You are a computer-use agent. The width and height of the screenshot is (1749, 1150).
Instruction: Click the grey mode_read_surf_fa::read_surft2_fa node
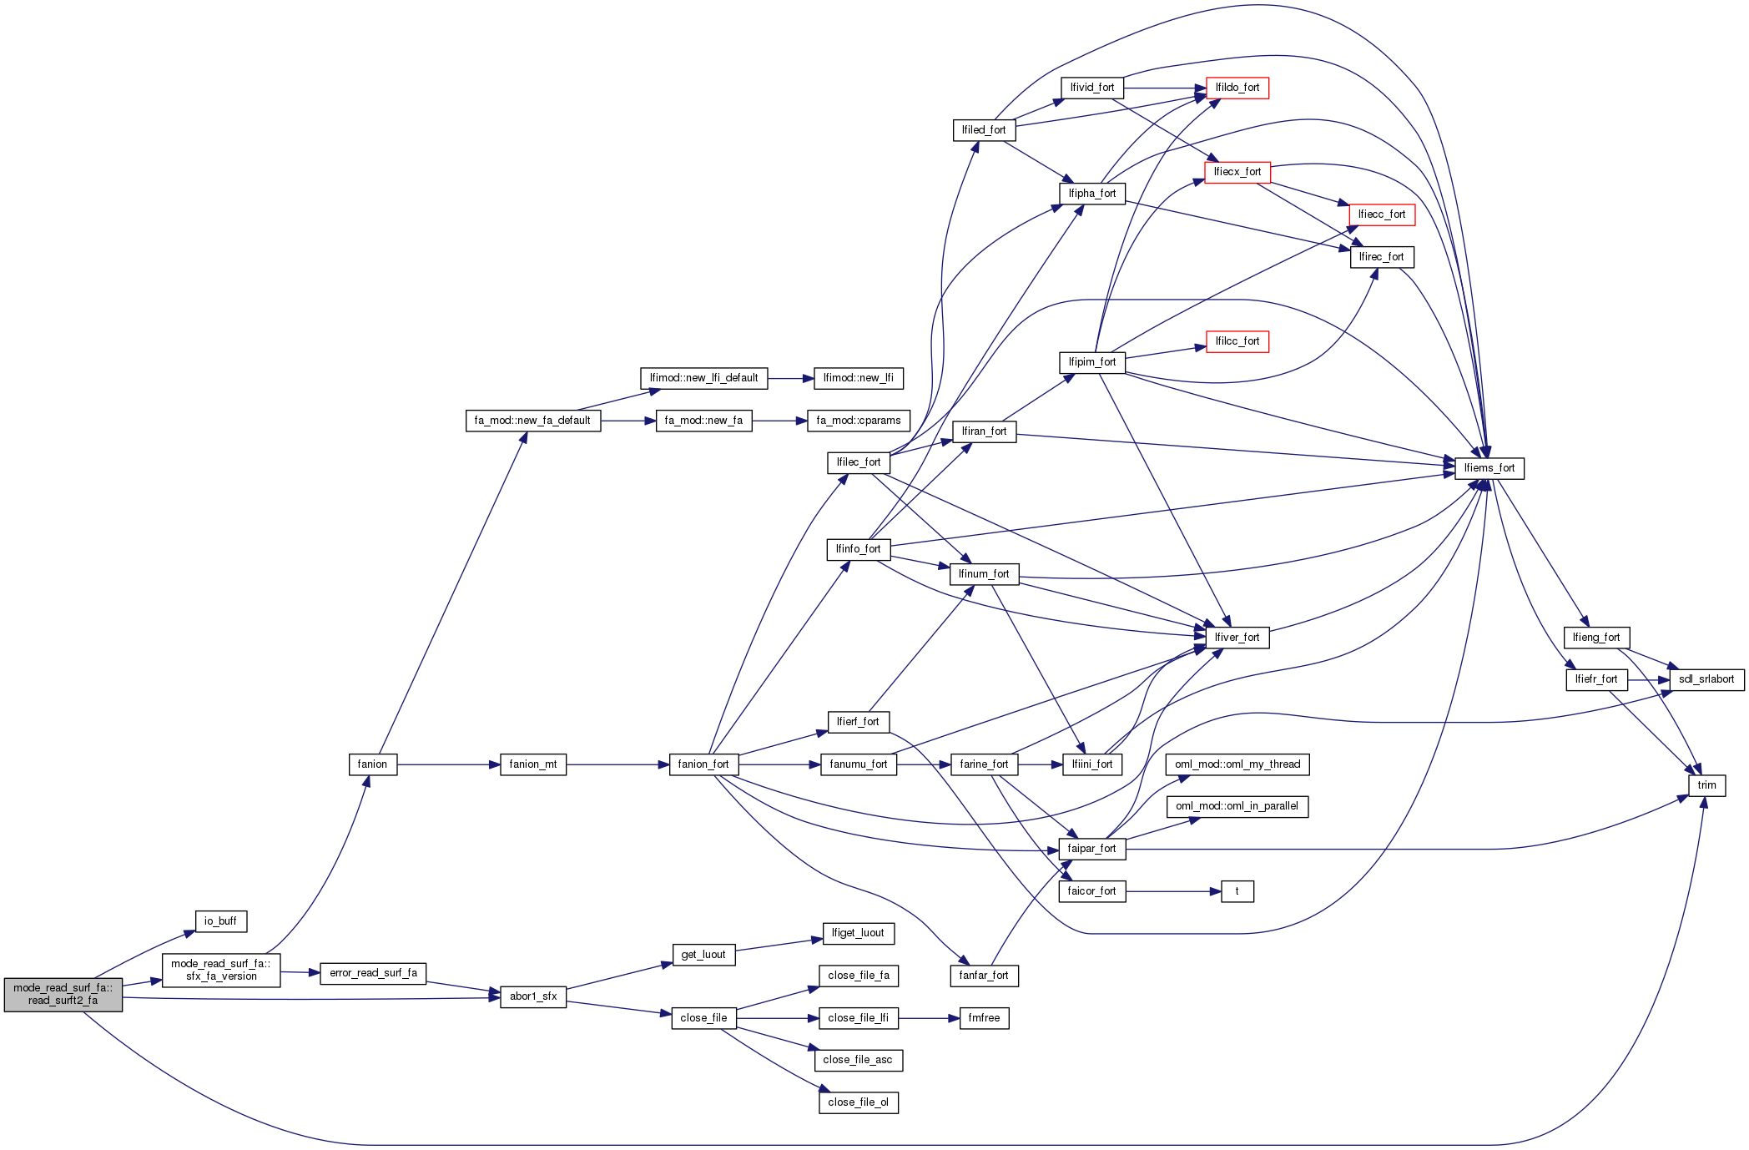(x=63, y=994)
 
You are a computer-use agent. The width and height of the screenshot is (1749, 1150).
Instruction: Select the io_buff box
(x=220, y=921)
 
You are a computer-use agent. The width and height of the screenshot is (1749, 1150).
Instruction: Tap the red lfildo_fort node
(x=1237, y=88)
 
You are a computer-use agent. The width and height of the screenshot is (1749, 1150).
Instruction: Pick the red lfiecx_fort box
(x=1237, y=172)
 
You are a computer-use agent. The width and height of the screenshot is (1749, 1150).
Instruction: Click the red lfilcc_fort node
(x=1237, y=341)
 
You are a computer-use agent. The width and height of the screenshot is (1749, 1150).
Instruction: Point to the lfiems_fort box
(x=1489, y=468)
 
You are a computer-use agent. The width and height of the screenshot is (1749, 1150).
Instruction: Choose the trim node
(x=1706, y=785)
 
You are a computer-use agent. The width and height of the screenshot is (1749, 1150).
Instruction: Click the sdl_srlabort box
(x=1706, y=679)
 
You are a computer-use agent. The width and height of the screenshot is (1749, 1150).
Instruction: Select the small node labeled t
(x=1237, y=891)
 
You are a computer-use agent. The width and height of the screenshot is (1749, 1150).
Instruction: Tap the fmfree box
(x=984, y=1018)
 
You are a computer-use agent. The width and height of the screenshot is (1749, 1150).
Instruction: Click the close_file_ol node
(x=858, y=1102)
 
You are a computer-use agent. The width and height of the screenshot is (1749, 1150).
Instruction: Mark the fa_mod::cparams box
(x=858, y=421)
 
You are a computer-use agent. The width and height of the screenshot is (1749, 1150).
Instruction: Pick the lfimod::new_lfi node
(x=858, y=378)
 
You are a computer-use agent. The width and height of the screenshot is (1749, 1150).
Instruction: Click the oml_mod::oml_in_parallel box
(x=1237, y=806)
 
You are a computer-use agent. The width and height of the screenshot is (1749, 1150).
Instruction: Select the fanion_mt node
(x=532, y=764)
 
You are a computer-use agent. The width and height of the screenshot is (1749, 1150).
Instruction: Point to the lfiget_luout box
(x=858, y=933)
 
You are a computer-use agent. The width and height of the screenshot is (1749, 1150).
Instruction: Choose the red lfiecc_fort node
(x=1381, y=214)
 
